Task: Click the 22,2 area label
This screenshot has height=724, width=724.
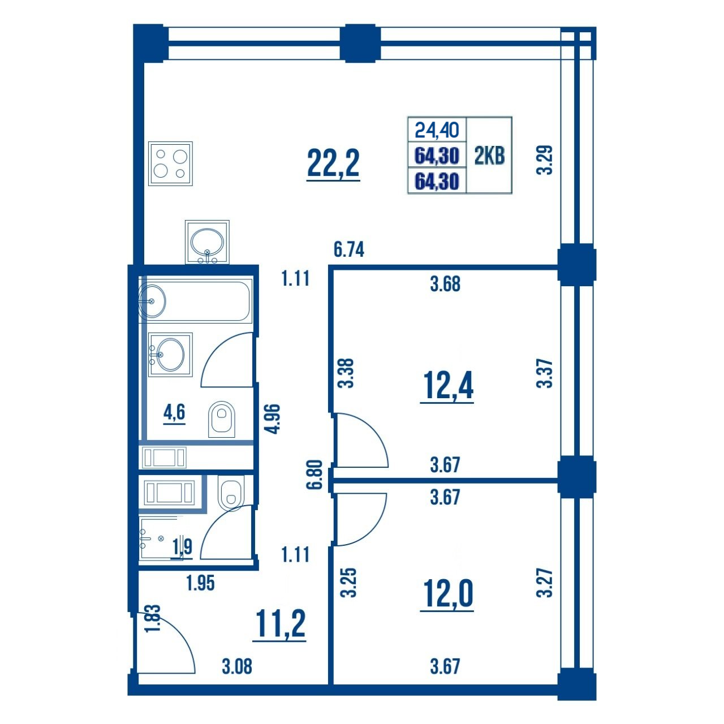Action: (x=333, y=163)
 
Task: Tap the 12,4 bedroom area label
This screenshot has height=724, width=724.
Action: (x=447, y=386)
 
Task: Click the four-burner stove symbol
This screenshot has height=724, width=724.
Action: (x=170, y=163)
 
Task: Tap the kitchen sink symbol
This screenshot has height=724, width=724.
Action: (x=207, y=242)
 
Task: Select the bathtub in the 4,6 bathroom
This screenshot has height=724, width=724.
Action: (x=195, y=301)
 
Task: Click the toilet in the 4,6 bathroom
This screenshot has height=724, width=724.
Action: (x=221, y=419)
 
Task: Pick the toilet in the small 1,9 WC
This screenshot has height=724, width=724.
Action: (x=231, y=493)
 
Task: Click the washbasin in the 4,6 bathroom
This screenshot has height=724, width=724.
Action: (x=170, y=354)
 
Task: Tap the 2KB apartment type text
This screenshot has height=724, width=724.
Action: (x=489, y=156)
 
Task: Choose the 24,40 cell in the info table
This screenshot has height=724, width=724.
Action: (x=437, y=130)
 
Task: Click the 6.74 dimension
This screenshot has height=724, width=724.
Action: (x=349, y=249)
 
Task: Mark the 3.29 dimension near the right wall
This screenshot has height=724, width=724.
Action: (x=544, y=160)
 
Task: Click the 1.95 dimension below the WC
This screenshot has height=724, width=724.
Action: (x=201, y=583)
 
